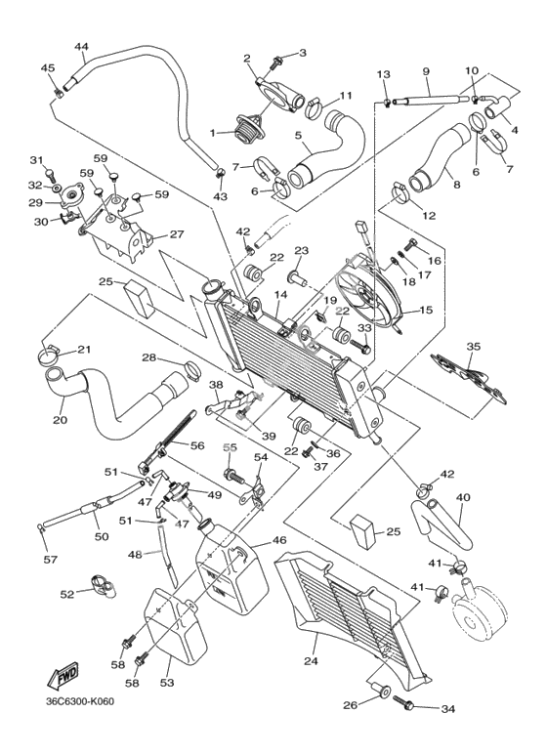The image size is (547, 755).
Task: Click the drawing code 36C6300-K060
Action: (x=80, y=701)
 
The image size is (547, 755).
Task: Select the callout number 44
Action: (x=81, y=47)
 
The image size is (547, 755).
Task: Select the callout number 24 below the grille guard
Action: (x=311, y=661)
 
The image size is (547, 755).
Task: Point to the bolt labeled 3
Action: (x=277, y=63)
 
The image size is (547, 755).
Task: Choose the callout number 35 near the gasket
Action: (x=474, y=346)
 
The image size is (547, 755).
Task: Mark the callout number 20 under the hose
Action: (x=61, y=420)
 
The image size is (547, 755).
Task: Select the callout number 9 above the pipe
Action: (x=426, y=71)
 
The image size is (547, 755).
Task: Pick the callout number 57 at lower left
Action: (x=50, y=559)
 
